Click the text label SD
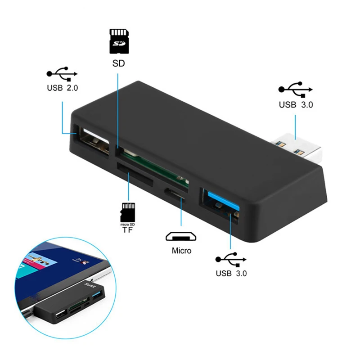118,63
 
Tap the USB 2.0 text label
62,88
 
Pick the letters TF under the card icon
128,229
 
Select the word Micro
181,251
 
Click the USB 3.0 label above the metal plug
296,105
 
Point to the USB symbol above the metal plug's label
296,88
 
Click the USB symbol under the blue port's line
231,259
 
